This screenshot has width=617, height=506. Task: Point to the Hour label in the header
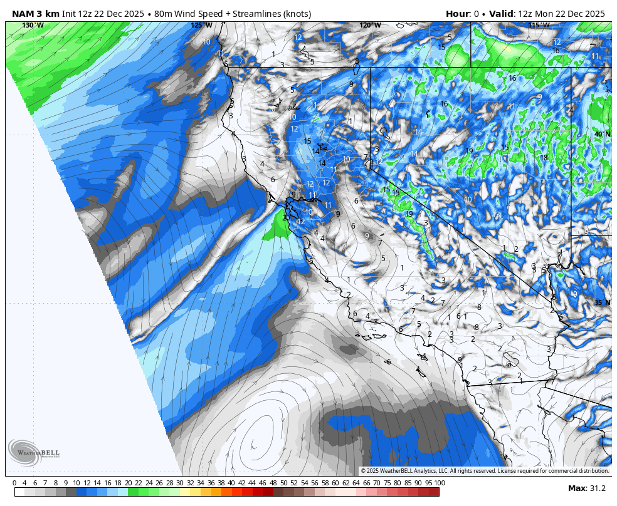click(x=458, y=14)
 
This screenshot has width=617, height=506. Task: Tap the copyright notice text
click(x=485, y=471)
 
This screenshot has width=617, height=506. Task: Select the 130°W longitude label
click(x=33, y=26)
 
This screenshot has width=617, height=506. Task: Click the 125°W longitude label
click(x=201, y=26)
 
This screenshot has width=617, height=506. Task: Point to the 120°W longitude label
click(x=370, y=26)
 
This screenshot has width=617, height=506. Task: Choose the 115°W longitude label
click(x=539, y=26)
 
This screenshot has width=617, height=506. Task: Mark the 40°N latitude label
click(x=602, y=134)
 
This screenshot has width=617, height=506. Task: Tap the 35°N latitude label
click(x=602, y=302)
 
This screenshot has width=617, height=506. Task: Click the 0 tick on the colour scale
click(x=14, y=483)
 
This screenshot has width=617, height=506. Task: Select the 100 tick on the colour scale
click(x=439, y=483)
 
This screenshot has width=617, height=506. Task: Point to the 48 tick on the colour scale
click(x=273, y=483)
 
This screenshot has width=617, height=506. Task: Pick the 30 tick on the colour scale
click(x=180, y=483)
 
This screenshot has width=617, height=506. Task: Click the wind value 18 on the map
click(x=544, y=157)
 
